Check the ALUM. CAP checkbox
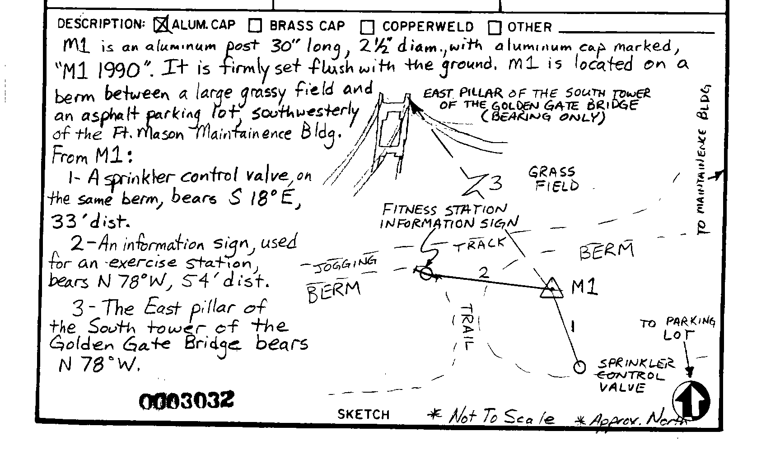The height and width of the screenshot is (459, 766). pos(161,25)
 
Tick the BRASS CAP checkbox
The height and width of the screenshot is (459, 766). pos(255,26)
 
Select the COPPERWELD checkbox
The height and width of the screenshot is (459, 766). pos(367,27)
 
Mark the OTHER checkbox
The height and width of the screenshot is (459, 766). pos(495,28)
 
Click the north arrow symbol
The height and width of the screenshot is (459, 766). pos(691,401)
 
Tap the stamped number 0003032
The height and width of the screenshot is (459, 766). pos(187,400)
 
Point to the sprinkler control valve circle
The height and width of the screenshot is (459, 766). pos(579,367)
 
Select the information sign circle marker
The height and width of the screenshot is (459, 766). pos(426,274)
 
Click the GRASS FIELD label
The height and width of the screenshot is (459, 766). pos(554,179)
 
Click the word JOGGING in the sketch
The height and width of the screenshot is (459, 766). pos(346,265)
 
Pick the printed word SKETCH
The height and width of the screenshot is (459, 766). pos(364,415)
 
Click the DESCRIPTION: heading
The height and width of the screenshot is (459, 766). pos(101,24)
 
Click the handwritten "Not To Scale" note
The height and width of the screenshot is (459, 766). pos(501,417)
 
